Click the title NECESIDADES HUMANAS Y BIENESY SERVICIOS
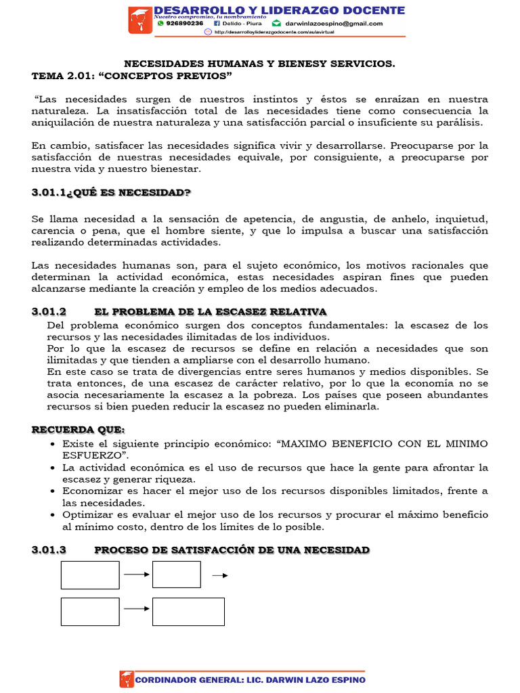pyautogui.click(x=259, y=63)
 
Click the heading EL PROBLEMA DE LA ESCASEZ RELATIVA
pyautogui.click(x=211, y=311)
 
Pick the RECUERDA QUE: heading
pyautogui.click(x=78, y=430)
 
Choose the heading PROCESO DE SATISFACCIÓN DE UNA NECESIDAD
pyautogui.click(x=232, y=550)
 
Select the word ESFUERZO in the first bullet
pyautogui.click(x=86, y=455)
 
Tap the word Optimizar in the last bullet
pyautogui.click(x=87, y=514)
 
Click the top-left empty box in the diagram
pyautogui.click(x=90, y=575)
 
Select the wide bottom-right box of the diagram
pyautogui.click(x=188, y=611)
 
